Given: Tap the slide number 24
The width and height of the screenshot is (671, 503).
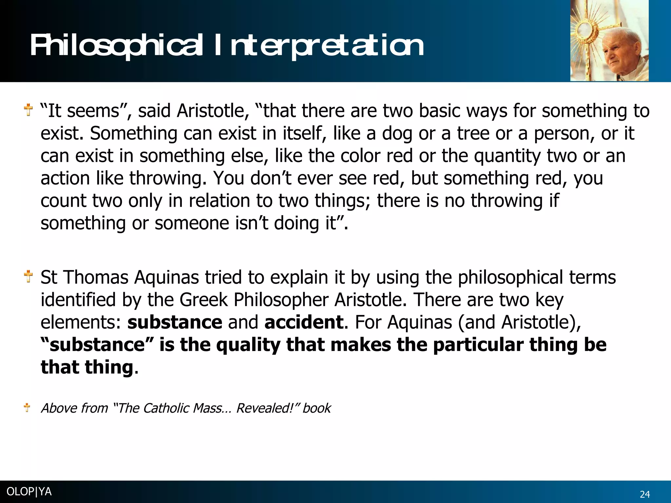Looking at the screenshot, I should [x=645, y=494].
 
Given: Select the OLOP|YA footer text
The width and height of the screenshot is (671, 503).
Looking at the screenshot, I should [x=29, y=492].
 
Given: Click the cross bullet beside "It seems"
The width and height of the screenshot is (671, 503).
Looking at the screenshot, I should [x=29, y=110].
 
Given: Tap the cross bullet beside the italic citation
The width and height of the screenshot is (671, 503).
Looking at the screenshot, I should [x=27, y=408].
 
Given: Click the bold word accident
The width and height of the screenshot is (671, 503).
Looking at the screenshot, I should [x=304, y=322].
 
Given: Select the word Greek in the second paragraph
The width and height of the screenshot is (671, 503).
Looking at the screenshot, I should [x=203, y=300].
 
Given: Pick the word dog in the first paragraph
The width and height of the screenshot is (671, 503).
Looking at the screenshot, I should [x=397, y=134].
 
